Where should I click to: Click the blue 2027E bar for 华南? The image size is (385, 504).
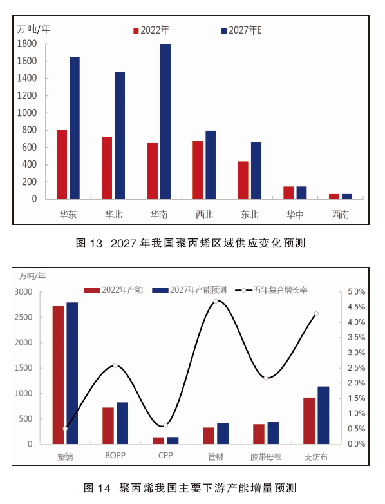[165, 121]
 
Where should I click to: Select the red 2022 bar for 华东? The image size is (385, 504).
[62, 164]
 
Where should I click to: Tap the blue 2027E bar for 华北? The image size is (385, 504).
[120, 135]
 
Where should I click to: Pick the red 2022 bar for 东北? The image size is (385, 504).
[243, 180]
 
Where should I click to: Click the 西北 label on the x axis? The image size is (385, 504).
[204, 215]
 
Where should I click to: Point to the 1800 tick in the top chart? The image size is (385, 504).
[27, 44]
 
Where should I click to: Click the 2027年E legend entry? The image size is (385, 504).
[241, 30]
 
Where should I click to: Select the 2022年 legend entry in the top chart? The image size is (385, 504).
[151, 30]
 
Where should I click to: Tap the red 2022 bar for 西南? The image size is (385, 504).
[334, 197]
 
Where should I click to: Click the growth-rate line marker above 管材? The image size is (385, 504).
[216, 301]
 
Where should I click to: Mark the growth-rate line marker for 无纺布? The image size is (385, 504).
[316, 314]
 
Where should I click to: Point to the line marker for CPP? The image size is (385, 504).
[165, 425]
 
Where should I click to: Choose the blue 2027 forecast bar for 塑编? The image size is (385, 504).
[72, 373]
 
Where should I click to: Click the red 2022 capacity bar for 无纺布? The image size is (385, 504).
[309, 421]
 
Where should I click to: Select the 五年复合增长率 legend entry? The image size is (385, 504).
[271, 290]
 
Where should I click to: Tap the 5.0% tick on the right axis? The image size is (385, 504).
[357, 292]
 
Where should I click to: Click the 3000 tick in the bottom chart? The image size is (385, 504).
[23, 292]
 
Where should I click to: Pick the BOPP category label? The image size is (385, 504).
[115, 456]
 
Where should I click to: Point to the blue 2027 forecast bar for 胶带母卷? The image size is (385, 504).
[273, 433]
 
